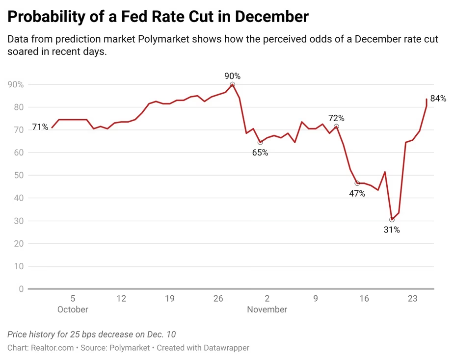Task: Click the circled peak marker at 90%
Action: click(232, 84)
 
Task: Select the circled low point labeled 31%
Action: click(392, 220)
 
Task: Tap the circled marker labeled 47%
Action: click(357, 183)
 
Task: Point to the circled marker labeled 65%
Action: click(260, 142)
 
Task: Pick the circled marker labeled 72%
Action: click(336, 127)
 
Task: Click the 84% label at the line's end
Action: click(438, 99)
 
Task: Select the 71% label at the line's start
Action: click(40, 128)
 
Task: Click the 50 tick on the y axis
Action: click(19, 176)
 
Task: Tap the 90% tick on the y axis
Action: click(16, 85)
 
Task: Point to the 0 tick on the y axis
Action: click(21, 289)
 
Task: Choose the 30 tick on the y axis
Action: click(19, 221)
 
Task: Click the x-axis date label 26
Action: click(218, 298)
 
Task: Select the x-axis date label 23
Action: click(412, 298)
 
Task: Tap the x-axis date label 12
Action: click(121, 298)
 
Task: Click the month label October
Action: click(73, 309)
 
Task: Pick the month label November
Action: click(267, 309)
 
